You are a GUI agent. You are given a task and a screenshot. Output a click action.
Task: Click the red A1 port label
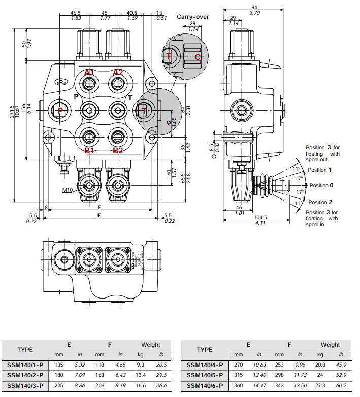(89, 73)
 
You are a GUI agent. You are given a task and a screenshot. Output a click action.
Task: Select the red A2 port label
(118, 73)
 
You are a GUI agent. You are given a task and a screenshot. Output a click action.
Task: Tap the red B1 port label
(89, 150)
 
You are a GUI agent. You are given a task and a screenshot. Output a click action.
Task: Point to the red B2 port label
(118, 150)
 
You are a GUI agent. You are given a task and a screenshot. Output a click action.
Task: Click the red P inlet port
(60, 111)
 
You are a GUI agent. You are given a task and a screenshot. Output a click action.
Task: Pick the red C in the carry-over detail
(198, 57)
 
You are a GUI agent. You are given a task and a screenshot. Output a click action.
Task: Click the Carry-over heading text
(192, 17)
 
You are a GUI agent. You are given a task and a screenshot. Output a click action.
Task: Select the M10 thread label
(68, 190)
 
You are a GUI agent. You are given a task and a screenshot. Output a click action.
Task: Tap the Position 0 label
(321, 185)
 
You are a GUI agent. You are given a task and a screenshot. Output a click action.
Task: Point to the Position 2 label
(320, 202)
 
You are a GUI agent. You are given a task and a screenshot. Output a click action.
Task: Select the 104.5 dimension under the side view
(260, 217)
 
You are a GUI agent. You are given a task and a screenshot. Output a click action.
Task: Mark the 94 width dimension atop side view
(255, 7)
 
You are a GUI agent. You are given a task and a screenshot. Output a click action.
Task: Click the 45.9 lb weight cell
(341, 364)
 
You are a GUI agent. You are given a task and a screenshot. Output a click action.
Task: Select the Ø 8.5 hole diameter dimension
(214, 151)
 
